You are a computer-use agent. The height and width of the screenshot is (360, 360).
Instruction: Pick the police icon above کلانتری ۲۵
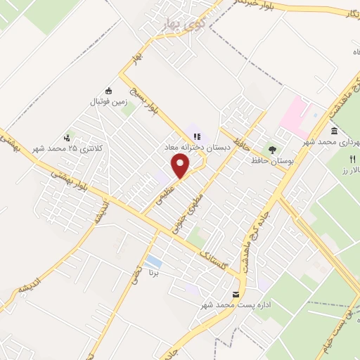[67, 137]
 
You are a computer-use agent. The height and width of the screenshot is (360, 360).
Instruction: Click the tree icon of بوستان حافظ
[271, 149]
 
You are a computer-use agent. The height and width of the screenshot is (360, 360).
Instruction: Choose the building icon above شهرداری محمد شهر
[333, 131]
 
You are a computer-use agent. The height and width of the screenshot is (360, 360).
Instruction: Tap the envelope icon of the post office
[236, 293]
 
